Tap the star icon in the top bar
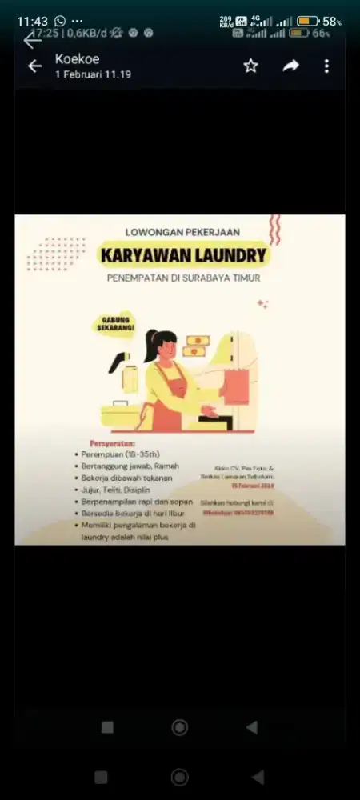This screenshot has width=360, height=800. pyautogui.click(x=251, y=66)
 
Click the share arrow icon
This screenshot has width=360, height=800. pyautogui.click(x=290, y=66)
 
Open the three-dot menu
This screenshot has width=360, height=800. pyautogui.click(x=326, y=66)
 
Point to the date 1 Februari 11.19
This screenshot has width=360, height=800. pyautogui.click(x=93, y=74)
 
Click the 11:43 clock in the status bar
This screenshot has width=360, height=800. pyautogui.click(x=32, y=21)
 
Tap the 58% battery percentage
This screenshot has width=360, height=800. pyautogui.click(x=332, y=22)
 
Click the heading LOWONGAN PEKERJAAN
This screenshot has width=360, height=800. pyautogui.click(x=183, y=232)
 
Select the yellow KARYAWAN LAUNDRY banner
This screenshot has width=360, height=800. pyautogui.click(x=183, y=255)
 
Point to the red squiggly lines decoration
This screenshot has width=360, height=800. pyautogui.click(x=274, y=230)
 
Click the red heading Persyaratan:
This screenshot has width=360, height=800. pyautogui.click(x=112, y=443)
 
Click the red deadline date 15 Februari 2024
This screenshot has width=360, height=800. pyautogui.click(x=253, y=486)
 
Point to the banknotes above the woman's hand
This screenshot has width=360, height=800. pyautogui.click(x=196, y=345)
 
